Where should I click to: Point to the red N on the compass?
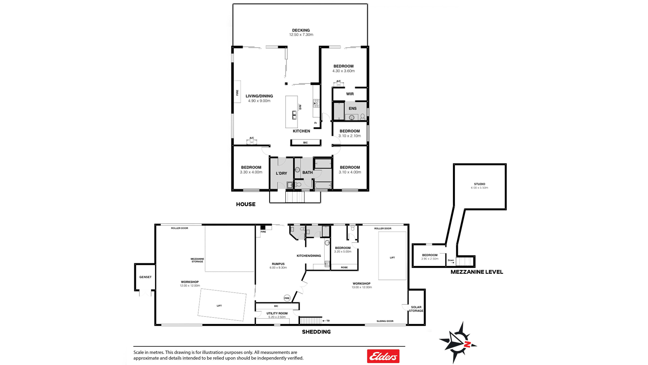pos(467,345)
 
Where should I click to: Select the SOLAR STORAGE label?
pos(416,309)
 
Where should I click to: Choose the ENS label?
pos(352,108)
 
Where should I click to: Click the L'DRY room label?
pos(281,173)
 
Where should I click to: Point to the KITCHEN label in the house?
pos(301,131)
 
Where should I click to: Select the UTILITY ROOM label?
pos(277,313)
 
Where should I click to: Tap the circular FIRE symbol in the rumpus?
pos(287,298)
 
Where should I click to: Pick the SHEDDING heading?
pos(316,332)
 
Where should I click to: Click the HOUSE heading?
pos(246,204)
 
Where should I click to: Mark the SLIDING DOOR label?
pos(385,321)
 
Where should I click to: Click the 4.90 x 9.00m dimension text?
pos(259,101)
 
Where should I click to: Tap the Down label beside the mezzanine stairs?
pos(451,260)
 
